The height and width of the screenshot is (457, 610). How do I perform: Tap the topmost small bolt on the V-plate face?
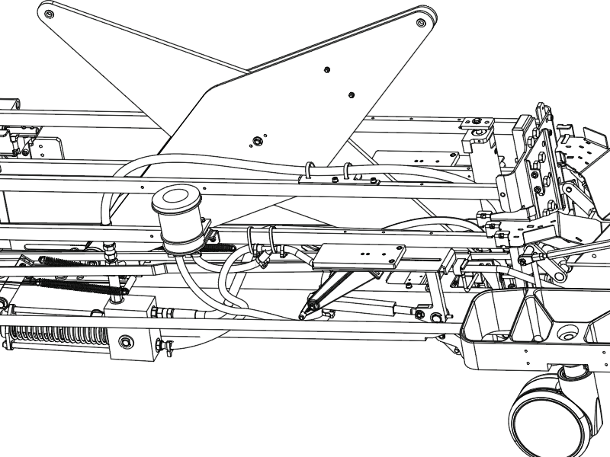pos(326,69)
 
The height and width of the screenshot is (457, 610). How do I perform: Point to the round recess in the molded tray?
pos(568,334)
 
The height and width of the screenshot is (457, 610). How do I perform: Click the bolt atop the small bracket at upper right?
pos(477,122)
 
